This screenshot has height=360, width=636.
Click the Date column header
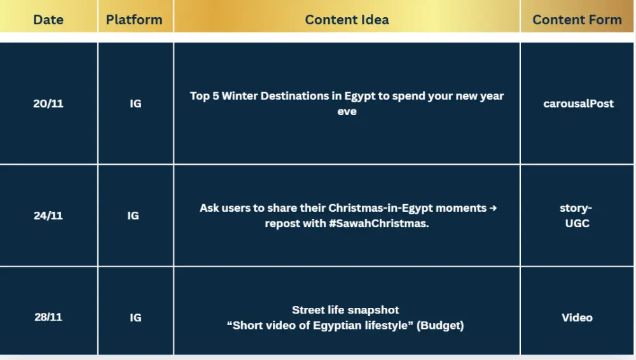pyautogui.click(x=48, y=20)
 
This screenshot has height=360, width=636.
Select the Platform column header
pyautogui.click(x=134, y=20)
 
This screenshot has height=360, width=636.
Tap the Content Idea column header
pyautogui.click(x=347, y=20)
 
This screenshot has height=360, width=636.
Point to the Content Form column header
pyautogui.click(x=577, y=20)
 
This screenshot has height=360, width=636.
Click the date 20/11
pyautogui.click(x=48, y=104)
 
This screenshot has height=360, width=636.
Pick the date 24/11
pyautogui.click(x=48, y=216)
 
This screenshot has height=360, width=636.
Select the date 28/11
pyautogui.click(x=48, y=317)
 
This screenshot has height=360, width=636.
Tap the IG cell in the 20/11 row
pyautogui.click(x=135, y=104)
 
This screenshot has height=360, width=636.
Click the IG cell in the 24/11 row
pyautogui.click(x=133, y=216)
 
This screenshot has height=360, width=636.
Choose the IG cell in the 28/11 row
pyautogui.click(x=135, y=317)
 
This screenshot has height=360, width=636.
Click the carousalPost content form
pyautogui.click(x=578, y=104)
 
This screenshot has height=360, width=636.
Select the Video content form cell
pyautogui.click(x=577, y=317)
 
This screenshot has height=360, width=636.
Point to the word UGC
pyautogui.click(x=577, y=223)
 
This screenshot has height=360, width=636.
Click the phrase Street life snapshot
pyautogui.click(x=345, y=310)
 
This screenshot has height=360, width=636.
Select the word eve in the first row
pyautogui.click(x=347, y=112)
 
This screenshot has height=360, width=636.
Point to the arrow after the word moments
pyautogui.click(x=493, y=208)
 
